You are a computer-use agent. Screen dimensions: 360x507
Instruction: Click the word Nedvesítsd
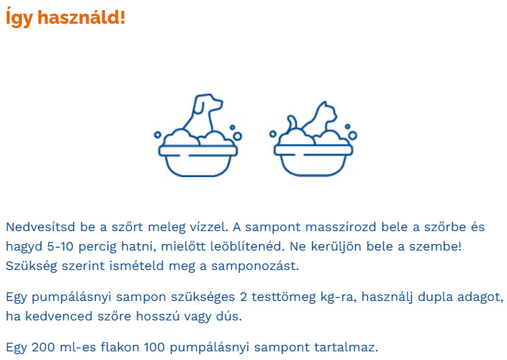point(40,228)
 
